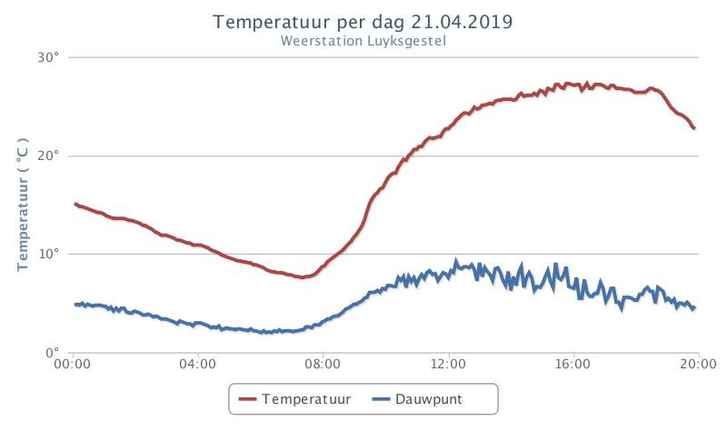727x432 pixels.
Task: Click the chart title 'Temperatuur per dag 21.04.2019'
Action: [x=363, y=22]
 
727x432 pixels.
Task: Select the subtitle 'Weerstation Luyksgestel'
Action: [x=363, y=41]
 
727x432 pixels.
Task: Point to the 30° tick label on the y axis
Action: [x=49, y=57]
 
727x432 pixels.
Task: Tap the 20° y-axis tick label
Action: [x=49, y=156]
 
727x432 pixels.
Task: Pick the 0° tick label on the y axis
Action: [x=53, y=353]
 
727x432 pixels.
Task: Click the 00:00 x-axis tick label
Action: [x=72, y=364]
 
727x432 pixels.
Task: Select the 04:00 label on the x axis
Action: [x=197, y=364]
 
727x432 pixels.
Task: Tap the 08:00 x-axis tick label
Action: [x=323, y=364]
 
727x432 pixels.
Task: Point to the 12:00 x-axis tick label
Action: [x=448, y=364]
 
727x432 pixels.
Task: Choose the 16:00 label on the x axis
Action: [x=573, y=364]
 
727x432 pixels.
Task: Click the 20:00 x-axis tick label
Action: [x=698, y=364]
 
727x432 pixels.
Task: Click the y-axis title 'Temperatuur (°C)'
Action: [x=23, y=204]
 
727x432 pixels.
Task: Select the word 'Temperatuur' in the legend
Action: [x=306, y=399]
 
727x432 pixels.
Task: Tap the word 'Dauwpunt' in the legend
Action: [x=428, y=399]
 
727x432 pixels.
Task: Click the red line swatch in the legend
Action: [x=247, y=399]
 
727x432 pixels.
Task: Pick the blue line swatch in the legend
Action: [x=381, y=399]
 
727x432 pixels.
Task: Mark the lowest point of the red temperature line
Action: [x=302, y=277]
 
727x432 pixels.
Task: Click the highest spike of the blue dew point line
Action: [x=456, y=261]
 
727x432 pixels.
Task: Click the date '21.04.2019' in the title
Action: [x=462, y=22]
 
